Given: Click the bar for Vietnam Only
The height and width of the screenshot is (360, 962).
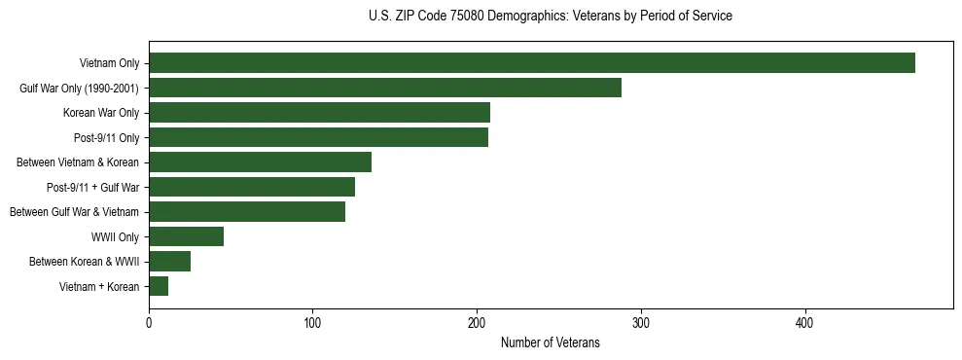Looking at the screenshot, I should click(532, 63).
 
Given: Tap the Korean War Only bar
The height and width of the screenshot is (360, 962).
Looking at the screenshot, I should click(319, 113).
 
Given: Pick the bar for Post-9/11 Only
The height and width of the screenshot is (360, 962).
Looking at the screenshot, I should click(318, 137).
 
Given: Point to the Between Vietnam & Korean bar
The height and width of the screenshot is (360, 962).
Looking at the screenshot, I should click(260, 162).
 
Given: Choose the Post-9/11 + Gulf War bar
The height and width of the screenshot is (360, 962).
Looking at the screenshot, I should click(252, 187).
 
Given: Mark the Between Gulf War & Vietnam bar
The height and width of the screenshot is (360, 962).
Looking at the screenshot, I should click(247, 212).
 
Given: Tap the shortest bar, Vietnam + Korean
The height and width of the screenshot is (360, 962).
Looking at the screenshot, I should click(159, 286).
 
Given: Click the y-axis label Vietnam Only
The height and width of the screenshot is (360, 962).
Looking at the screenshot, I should click(109, 63).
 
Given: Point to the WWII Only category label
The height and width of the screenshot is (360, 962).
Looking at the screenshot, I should click(115, 236).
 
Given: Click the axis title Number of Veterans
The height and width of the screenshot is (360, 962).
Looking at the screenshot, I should click(550, 342).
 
